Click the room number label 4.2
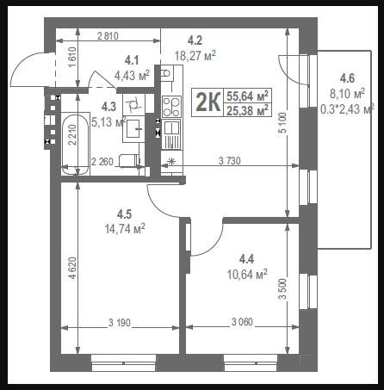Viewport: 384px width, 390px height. pyautogui.click(x=195, y=40)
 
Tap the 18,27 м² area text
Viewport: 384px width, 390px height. pyautogui.click(x=195, y=55)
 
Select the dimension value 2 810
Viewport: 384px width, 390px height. pyautogui.click(x=108, y=36)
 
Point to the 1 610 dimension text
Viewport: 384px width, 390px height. pyautogui.click(x=73, y=57)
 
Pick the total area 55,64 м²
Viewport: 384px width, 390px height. pyautogui.click(x=248, y=96)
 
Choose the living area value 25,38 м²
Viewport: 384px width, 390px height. pyautogui.click(x=248, y=110)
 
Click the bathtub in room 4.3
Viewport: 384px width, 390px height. pyautogui.click(x=76, y=145)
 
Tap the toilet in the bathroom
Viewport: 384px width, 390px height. pyautogui.click(x=129, y=161)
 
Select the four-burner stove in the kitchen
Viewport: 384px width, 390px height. pyautogui.click(x=171, y=107)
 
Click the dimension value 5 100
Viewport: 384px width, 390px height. pyautogui.click(x=282, y=123)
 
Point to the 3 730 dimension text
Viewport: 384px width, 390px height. pyautogui.click(x=230, y=161)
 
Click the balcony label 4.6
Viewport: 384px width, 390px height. pyautogui.click(x=347, y=78)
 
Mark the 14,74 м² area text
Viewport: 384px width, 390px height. pyautogui.click(x=125, y=229)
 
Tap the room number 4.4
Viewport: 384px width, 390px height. pyautogui.click(x=246, y=259)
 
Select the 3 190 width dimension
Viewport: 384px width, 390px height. pyautogui.click(x=120, y=323)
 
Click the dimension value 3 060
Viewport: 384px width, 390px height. pyautogui.click(x=242, y=322)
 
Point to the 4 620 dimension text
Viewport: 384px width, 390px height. pyautogui.click(x=73, y=268)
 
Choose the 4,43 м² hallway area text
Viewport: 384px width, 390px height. pyautogui.click(x=132, y=76)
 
